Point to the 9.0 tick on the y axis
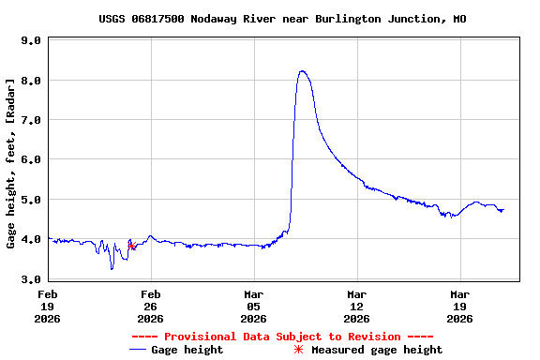click(30, 41)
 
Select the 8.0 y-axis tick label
click(30, 81)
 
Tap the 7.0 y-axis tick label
click(30, 120)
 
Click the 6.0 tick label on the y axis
click(30, 160)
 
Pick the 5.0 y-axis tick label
click(30, 200)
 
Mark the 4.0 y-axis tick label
click(30, 239)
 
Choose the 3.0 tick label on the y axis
click(30, 278)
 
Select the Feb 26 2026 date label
click(150, 306)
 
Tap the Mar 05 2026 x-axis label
click(253, 306)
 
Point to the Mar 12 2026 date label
click(356, 306)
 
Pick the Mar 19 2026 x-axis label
click(459, 306)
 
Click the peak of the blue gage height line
click(302, 71)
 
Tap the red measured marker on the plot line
click(131, 246)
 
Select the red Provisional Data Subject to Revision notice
click(282, 337)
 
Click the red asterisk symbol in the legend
click(299, 350)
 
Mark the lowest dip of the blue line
click(112, 269)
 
